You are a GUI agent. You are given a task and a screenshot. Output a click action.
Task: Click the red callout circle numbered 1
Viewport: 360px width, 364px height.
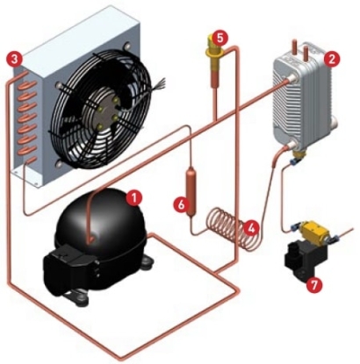(134, 198)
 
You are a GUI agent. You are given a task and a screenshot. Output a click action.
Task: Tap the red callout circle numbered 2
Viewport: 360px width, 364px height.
(332, 60)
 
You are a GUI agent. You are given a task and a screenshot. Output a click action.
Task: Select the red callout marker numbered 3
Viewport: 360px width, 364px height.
(15, 60)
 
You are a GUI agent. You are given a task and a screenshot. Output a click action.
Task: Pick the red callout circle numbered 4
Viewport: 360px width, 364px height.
(251, 228)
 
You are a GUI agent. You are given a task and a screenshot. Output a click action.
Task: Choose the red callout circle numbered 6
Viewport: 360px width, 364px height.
(182, 205)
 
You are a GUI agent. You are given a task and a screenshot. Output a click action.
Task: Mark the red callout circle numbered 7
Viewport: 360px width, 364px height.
(313, 284)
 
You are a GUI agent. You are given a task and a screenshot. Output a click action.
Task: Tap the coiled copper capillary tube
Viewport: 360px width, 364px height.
(231, 228)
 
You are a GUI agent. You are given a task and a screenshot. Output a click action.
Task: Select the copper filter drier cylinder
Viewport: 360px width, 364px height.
(191, 191)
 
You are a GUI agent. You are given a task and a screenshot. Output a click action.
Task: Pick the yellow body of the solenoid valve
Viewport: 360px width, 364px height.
(315, 232)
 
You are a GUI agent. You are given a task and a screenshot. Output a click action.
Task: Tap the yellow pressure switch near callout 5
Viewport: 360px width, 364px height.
(215, 55)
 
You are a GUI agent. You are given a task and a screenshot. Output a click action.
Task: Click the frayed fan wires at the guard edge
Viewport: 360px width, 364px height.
(160, 82)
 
